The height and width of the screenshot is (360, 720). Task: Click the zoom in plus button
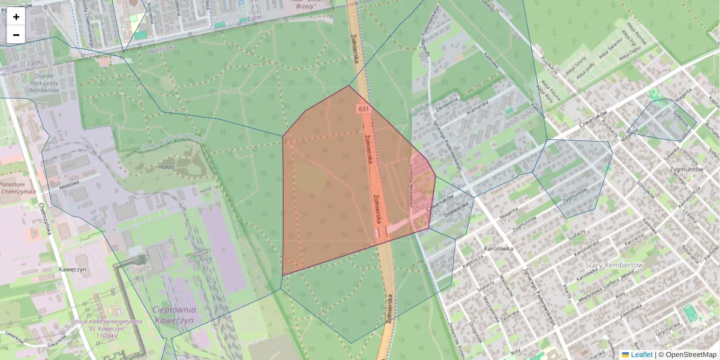click(16, 17)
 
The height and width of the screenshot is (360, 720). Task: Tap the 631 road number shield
click(363, 109)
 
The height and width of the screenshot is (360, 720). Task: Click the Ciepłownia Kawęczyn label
click(174, 315)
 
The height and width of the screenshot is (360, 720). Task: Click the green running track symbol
click(690, 313)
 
